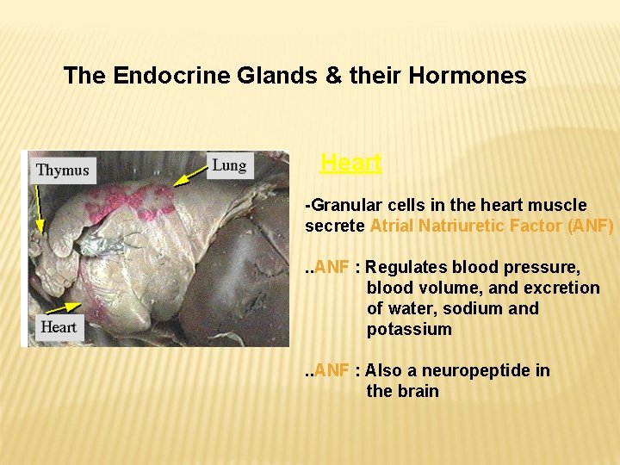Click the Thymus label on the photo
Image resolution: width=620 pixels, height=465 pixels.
pos(63,170)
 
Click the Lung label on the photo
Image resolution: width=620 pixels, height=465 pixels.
pos(229,165)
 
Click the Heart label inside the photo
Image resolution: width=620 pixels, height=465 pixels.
pos(59,326)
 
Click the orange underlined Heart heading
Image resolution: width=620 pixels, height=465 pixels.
pos(350,163)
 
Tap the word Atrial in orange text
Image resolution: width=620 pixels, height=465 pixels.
pos(393,226)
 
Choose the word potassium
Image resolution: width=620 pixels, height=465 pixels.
pos(408,329)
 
